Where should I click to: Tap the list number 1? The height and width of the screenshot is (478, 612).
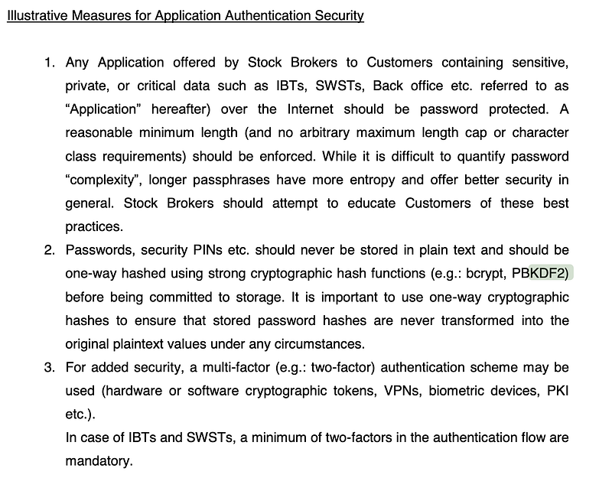tap(49, 63)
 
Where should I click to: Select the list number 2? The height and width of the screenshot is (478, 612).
tap(49, 250)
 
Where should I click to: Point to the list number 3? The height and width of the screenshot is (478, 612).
tap(49, 367)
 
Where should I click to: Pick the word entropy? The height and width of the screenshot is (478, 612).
tap(358, 180)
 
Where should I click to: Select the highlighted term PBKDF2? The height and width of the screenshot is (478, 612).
tap(542, 273)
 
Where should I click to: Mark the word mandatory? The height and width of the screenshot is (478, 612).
tap(99, 461)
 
